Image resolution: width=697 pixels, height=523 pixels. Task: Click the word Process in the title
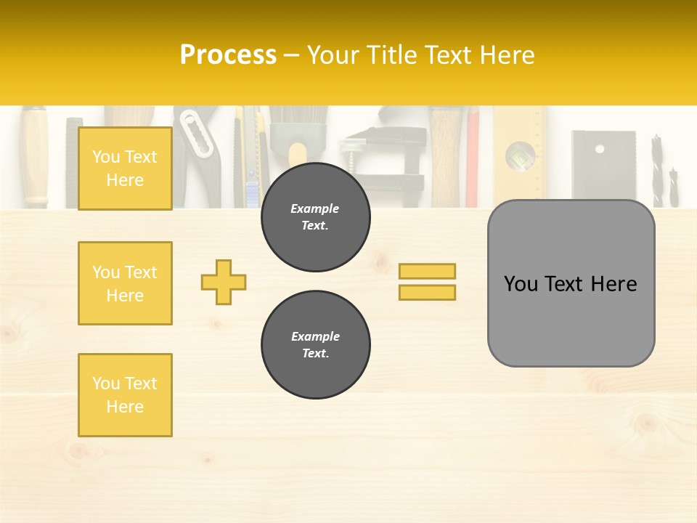[x=228, y=55]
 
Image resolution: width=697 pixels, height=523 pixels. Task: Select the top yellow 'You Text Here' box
[x=125, y=169]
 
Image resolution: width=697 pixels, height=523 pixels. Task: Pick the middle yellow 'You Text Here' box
[x=125, y=283]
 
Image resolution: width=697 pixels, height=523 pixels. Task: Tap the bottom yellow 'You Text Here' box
[x=125, y=395]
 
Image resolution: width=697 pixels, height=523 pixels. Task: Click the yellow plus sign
[x=224, y=282]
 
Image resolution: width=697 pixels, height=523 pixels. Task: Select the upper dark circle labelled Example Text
[x=315, y=217]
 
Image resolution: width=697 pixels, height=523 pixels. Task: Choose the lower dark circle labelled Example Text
[x=315, y=345]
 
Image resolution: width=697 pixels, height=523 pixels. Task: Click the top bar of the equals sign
[x=427, y=271]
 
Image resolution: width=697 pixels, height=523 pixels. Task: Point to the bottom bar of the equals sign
[x=427, y=292]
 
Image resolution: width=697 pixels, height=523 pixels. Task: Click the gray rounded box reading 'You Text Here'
[x=571, y=283]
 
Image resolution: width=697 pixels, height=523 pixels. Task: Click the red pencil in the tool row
[x=472, y=156]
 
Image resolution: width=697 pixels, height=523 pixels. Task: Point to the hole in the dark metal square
[x=599, y=149]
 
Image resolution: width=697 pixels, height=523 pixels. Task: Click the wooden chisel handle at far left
[x=34, y=156]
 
